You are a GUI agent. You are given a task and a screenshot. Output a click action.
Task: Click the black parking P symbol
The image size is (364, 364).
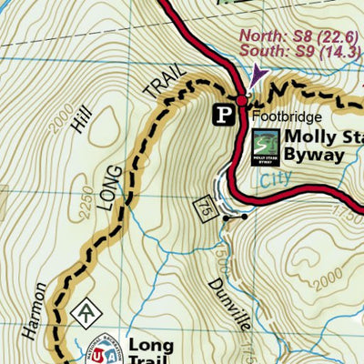coord(223,114)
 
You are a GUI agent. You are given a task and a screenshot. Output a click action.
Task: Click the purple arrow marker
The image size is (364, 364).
coord(258,73)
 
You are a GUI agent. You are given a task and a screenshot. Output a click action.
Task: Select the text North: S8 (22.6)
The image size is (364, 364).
coord(299,35)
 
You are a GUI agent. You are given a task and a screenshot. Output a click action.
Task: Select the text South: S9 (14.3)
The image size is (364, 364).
coord(299,52)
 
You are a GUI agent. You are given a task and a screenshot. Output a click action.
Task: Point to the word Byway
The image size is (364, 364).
coord(314,155)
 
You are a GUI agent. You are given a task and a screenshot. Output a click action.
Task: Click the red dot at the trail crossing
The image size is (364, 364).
coord(241,98)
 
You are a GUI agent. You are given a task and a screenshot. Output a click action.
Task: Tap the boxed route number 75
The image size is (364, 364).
coord(203,210)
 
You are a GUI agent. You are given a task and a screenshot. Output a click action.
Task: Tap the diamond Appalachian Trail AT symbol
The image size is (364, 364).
coord(87,311)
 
